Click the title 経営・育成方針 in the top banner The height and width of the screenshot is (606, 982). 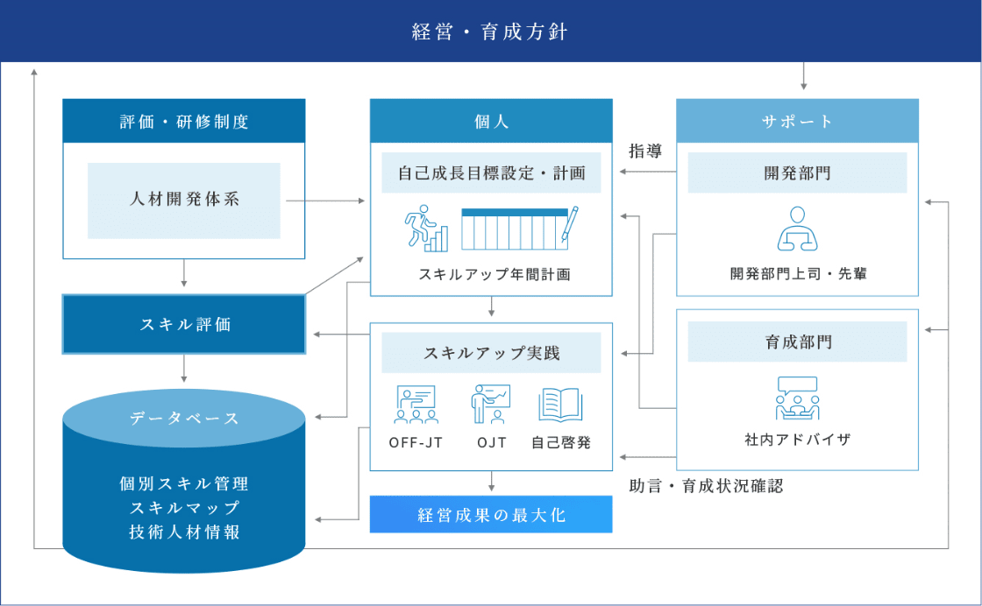(490, 32)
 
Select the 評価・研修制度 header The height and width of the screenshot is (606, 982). (184, 121)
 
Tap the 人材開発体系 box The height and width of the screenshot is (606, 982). (184, 201)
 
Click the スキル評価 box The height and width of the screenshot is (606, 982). (184, 325)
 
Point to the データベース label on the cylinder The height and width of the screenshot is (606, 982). (184, 418)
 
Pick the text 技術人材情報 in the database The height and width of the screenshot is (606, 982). (184, 532)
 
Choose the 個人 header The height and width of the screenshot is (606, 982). (491, 121)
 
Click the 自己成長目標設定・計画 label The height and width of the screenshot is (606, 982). (491, 173)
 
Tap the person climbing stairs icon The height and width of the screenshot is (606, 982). (426, 229)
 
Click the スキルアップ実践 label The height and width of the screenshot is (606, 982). (491, 353)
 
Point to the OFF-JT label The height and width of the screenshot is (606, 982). (416, 443)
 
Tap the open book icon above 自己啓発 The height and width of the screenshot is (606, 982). (560, 405)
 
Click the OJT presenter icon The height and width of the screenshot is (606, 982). (491, 404)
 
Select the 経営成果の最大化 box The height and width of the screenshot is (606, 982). (491, 514)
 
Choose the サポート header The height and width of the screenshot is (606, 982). (797, 121)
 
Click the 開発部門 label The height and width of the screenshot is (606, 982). (797, 173)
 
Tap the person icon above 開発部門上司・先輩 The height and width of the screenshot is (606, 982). (797, 229)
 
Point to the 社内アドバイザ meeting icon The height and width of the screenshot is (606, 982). (797, 398)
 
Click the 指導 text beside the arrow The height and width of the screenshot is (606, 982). (645, 151)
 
